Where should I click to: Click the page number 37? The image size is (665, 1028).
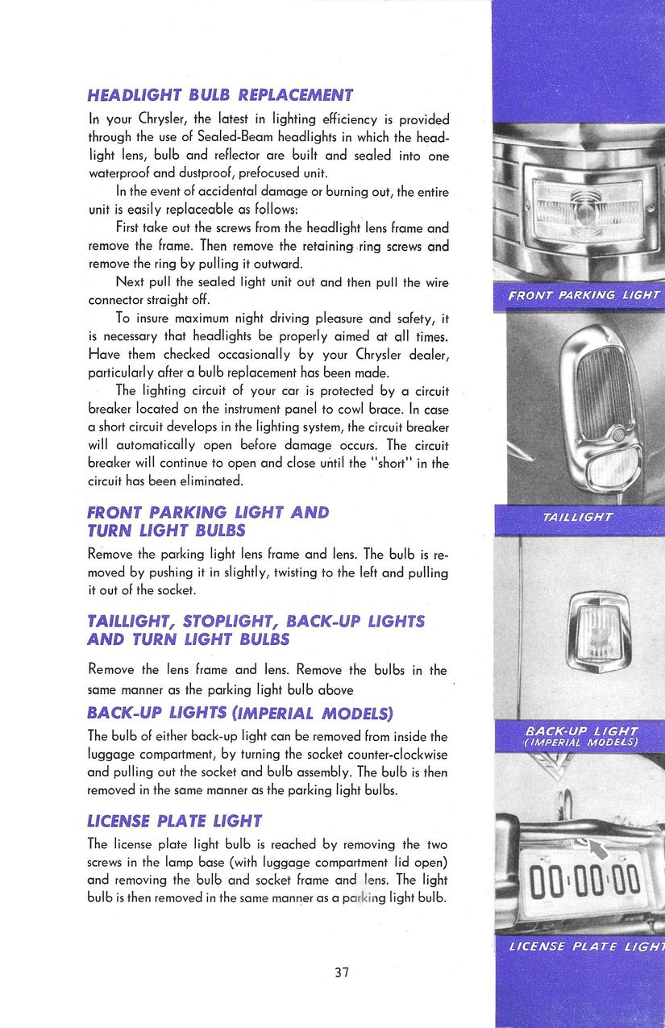(342, 972)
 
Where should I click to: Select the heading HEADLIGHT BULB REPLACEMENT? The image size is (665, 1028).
(220, 95)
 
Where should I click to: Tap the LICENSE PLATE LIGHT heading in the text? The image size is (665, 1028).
(174, 821)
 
